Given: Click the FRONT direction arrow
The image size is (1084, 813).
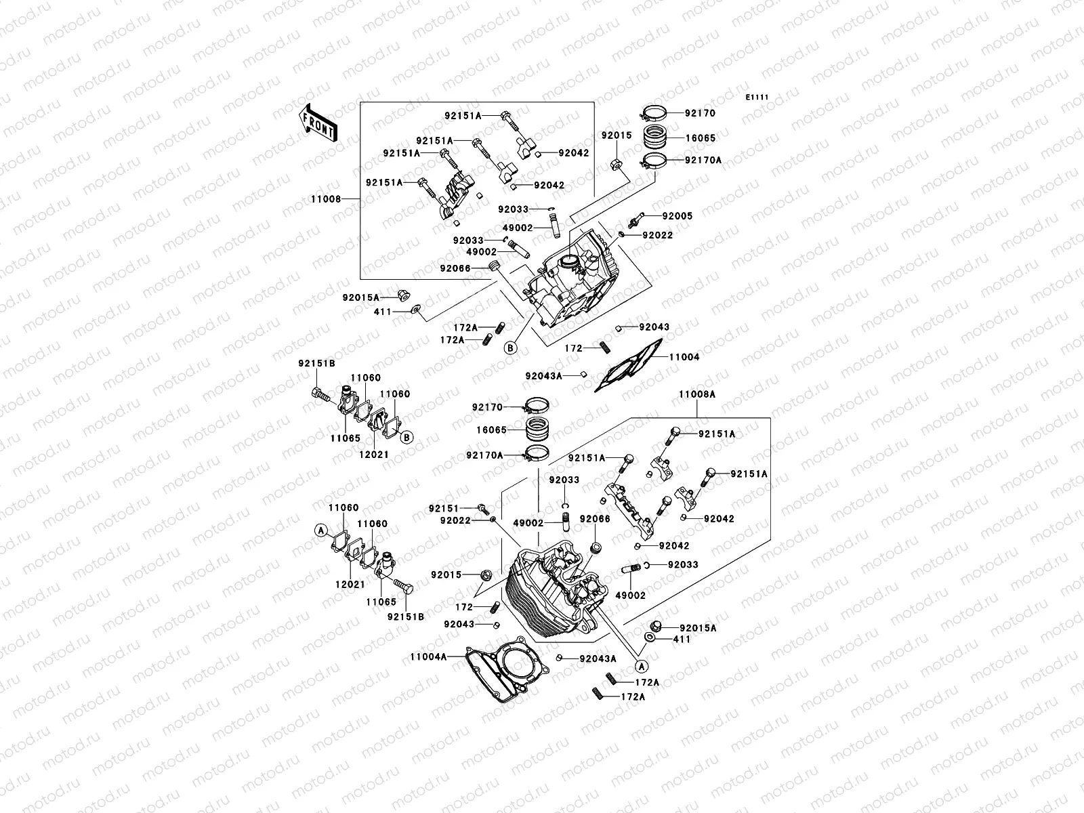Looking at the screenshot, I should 318,123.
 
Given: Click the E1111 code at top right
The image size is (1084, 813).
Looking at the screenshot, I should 757,98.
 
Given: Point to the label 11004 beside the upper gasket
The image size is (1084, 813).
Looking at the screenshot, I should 684,357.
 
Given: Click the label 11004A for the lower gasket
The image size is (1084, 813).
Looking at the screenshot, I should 428,656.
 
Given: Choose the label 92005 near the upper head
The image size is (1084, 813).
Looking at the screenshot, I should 677,216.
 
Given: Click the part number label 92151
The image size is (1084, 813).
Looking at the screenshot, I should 444,508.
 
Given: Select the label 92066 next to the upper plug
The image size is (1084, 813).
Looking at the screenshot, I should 455,268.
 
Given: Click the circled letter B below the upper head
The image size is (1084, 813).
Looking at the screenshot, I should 512,348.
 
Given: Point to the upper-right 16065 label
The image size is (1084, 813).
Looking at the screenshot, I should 700,138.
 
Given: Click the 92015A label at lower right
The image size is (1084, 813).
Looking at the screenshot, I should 698,628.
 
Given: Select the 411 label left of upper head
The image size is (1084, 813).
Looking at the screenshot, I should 383,312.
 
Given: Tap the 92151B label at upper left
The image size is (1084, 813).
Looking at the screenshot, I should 316,363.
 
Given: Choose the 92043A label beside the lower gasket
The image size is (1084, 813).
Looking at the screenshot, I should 598,659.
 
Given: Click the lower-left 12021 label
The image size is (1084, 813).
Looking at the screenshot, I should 350,585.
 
